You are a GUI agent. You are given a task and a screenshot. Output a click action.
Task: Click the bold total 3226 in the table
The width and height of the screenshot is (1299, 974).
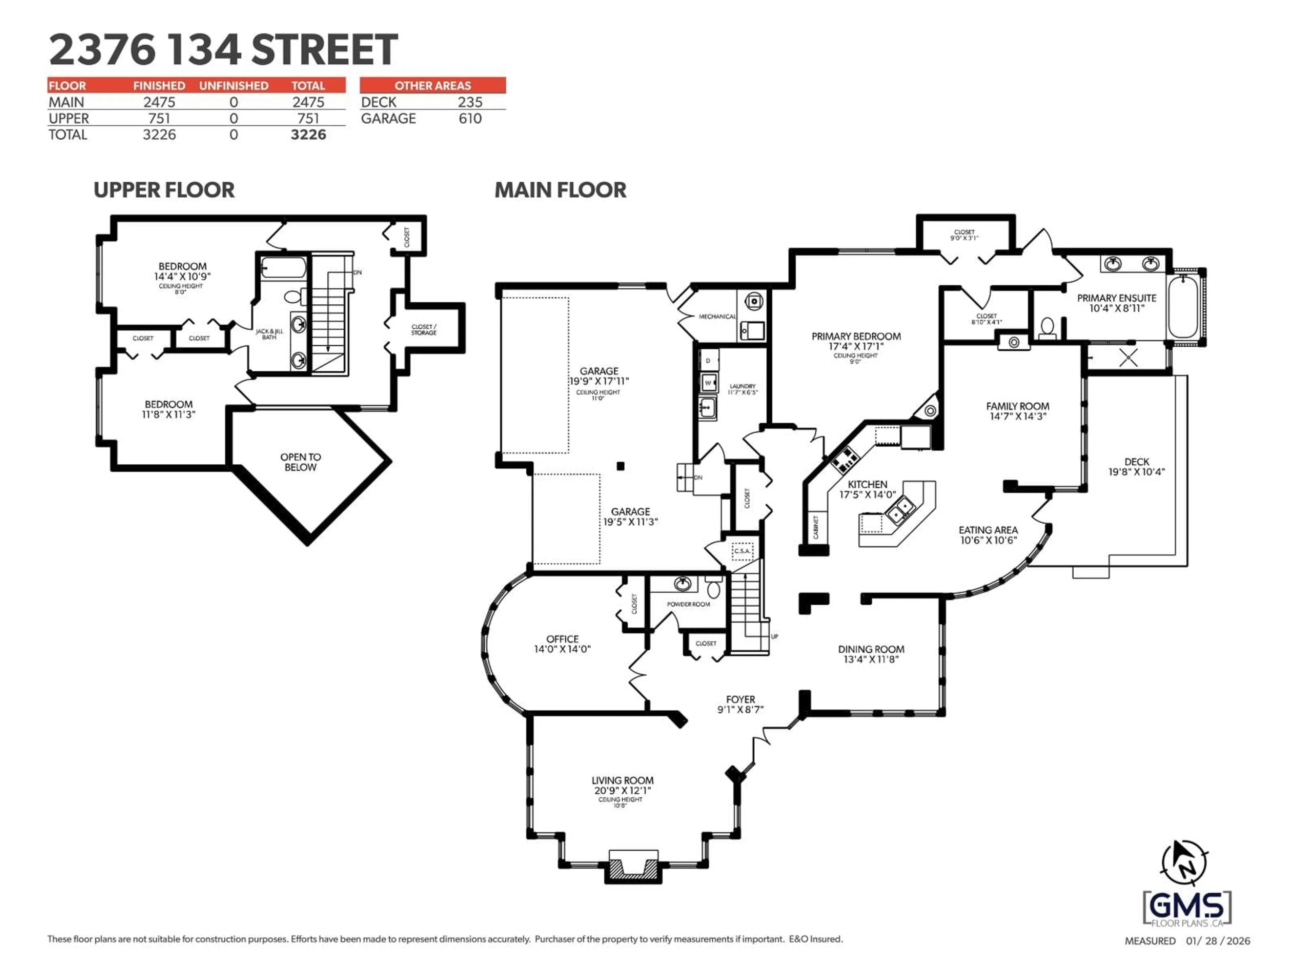click(308, 135)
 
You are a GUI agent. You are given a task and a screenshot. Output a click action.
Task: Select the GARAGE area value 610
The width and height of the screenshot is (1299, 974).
click(470, 119)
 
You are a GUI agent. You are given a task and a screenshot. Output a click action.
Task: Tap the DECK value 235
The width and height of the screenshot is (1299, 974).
click(470, 102)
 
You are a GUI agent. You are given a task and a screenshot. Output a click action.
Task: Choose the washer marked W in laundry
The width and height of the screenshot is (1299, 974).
click(708, 383)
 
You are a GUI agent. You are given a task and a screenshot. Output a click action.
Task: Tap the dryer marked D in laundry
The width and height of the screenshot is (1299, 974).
click(708, 361)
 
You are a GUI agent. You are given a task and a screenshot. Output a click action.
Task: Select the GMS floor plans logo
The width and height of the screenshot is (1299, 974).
click(1186, 909)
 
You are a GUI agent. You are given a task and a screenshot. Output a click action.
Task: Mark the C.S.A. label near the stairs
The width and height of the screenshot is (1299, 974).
click(742, 551)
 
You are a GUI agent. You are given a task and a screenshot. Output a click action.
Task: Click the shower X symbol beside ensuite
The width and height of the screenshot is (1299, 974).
click(1128, 357)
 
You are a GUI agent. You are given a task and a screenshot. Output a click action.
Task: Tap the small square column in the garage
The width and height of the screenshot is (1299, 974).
click(620, 466)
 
